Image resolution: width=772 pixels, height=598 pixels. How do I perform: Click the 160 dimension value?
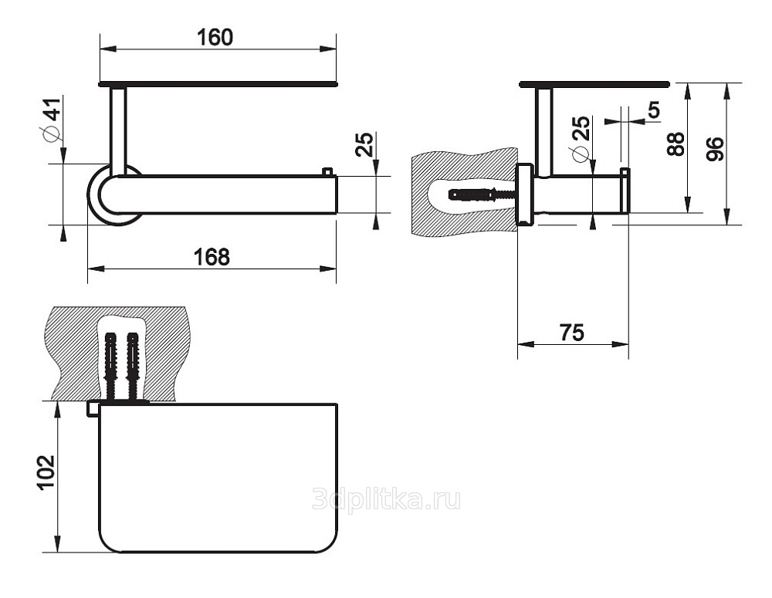[215, 37]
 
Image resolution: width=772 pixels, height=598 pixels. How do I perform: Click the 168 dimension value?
[212, 257]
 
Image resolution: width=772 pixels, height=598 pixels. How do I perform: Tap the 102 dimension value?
[46, 472]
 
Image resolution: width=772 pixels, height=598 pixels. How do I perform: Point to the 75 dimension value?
[571, 333]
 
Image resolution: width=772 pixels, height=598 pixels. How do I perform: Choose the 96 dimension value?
[715, 149]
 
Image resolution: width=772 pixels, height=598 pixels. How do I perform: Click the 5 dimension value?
[653, 110]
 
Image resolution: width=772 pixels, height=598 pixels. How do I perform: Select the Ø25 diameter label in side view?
[580, 138]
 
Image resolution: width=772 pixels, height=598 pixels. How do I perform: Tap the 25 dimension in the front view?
[365, 144]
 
